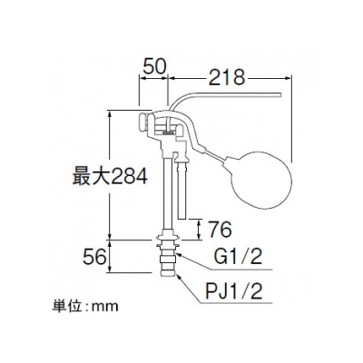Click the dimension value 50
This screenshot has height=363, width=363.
coord(154,66)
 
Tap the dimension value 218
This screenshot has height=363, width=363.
coord(227,78)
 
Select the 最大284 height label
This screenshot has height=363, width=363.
coord(110,176)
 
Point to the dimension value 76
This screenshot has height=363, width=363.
coord(220,230)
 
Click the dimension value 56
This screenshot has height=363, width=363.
coord(94,258)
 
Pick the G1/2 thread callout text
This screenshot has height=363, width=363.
coord(238,258)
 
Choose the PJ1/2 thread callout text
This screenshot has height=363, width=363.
coord(233,291)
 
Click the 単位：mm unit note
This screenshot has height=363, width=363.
coord(85,307)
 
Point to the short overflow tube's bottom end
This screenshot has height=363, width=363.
coord(182,217)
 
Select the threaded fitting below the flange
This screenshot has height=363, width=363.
coord(168,257)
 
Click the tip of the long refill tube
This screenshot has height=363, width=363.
coord(280,95)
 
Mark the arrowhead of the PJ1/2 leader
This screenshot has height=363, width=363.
coord(178,276)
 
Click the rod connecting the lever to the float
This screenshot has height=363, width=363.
coord(215,155)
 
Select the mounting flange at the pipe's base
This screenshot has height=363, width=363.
coord(167,238)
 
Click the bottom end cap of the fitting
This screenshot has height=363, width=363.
coord(168,272)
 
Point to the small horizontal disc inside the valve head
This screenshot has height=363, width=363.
coord(168,132)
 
